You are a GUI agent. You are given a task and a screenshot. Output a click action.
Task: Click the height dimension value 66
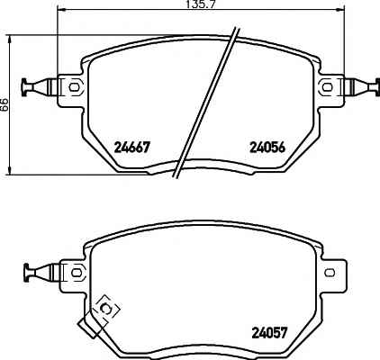[x=4, y=104]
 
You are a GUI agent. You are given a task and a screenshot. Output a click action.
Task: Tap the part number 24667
[x=131, y=147]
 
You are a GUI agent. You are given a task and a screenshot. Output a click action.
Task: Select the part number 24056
[x=267, y=147]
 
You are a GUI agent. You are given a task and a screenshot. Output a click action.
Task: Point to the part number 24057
[x=270, y=332]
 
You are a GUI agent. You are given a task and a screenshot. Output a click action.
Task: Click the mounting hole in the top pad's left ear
[x=74, y=87]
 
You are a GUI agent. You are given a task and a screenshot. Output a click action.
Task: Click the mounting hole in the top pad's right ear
[x=327, y=87]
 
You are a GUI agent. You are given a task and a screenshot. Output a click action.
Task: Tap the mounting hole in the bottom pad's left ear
[x=77, y=273]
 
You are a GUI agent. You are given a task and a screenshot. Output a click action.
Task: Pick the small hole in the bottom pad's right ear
[x=330, y=273]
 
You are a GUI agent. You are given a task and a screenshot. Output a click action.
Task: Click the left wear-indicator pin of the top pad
[x=39, y=87]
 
